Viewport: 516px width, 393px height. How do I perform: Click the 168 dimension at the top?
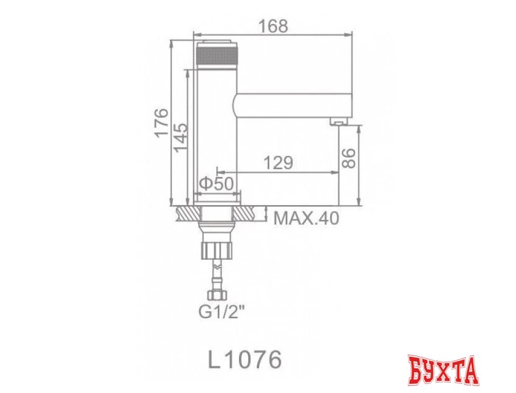[273, 26]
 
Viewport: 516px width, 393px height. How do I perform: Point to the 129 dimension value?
[278, 163]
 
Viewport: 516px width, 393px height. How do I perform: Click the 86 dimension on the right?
[348, 158]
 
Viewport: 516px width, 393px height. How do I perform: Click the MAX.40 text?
[306, 218]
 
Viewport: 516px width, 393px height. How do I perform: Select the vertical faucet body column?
[216, 135]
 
